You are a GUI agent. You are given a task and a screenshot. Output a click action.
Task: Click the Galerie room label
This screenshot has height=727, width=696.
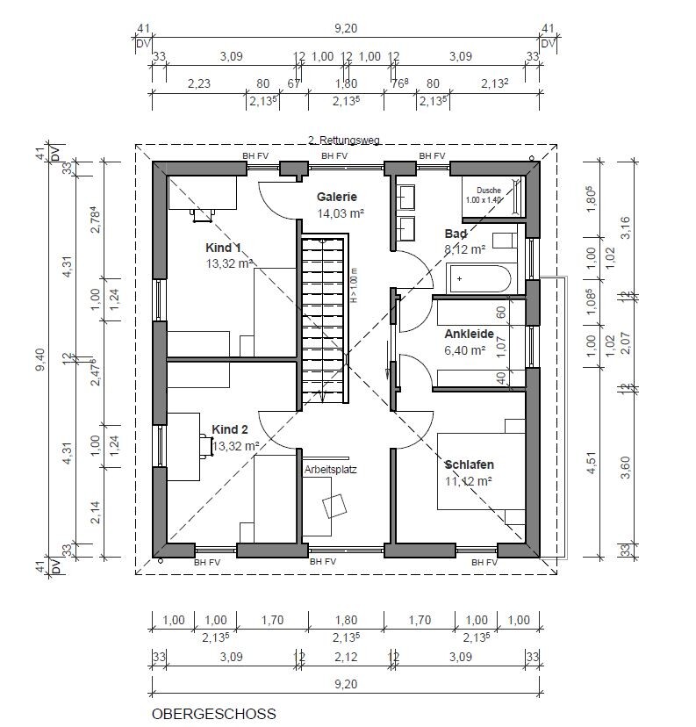point(337,197)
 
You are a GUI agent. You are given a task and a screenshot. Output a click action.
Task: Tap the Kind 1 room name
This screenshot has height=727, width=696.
point(223,248)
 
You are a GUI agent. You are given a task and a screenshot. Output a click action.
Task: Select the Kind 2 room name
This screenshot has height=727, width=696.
point(230,429)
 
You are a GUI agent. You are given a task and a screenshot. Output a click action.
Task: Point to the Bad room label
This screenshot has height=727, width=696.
point(456,234)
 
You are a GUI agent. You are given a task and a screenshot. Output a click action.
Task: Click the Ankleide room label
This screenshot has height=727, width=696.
point(469,334)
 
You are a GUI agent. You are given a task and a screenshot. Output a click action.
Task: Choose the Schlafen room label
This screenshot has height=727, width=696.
point(469,464)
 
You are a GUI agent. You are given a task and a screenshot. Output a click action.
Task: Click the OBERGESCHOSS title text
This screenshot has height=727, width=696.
point(213,714)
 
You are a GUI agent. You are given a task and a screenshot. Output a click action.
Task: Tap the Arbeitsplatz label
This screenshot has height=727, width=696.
point(330,469)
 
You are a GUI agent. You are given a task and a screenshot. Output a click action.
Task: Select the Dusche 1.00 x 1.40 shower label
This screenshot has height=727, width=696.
point(484,195)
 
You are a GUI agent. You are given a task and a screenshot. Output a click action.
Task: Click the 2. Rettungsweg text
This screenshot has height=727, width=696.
point(344,140)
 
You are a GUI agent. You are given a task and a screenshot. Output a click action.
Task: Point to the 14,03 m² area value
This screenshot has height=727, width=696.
point(341,213)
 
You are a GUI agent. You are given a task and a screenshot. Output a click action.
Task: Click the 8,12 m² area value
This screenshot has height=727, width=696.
point(465,249)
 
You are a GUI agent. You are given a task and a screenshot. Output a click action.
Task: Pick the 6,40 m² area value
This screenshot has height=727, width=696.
point(465,350)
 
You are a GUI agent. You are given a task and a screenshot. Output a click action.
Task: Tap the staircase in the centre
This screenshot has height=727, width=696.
point(323,320)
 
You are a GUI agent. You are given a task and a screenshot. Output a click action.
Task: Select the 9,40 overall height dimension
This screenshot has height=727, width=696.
point(40,359)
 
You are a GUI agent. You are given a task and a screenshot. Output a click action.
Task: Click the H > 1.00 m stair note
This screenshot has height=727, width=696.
point(355,285)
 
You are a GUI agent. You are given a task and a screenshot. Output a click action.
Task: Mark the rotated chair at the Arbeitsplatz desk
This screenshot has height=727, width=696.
point(334,507)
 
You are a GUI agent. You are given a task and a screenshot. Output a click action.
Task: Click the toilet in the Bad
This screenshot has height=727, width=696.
point(504,241)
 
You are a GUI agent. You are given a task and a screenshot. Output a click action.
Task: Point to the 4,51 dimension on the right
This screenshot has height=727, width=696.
point(591,464)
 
